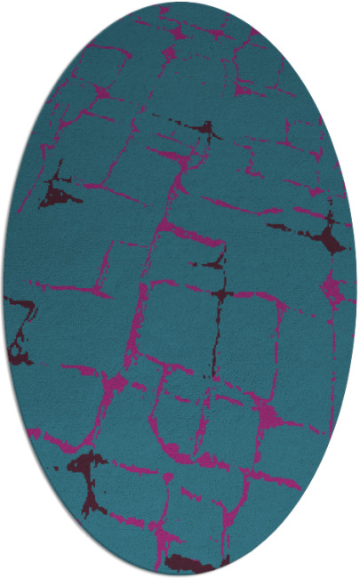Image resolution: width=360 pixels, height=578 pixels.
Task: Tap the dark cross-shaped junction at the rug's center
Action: point(220,293)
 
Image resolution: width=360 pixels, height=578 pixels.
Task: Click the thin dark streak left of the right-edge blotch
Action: point(284,227)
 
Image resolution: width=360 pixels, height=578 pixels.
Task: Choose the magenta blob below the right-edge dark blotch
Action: point(331,287)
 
